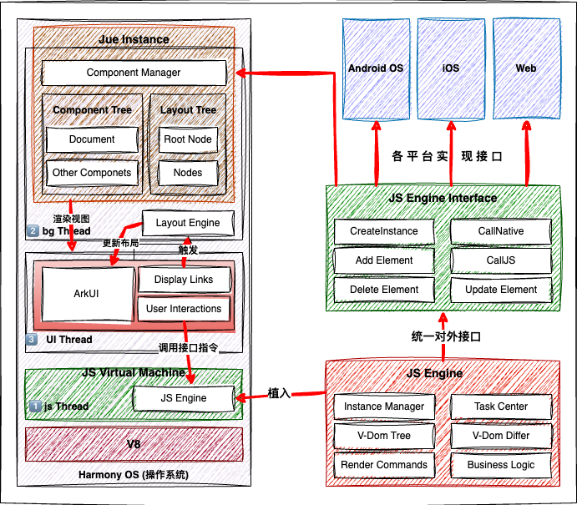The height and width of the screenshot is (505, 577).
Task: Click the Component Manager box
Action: [x=134, y=73]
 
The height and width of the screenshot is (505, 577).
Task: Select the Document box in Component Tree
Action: [x=92, y=139]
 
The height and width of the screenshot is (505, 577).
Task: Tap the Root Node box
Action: [x=188, y=139]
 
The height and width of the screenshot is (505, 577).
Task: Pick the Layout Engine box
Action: [x=188, y=223]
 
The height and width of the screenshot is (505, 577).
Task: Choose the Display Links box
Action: [x=184, y=280]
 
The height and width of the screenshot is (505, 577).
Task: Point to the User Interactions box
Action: [x=184, y=309]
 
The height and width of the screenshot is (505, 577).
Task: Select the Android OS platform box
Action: [x=376, y=68]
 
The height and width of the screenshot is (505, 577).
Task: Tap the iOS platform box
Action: [x=451, y=68]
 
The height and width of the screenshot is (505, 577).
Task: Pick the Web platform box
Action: [x=526, y=68]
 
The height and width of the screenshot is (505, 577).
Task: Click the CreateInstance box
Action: [x=384, y=231]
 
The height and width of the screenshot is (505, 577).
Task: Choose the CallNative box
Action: [x=501, y=231]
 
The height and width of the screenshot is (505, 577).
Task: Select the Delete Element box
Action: [x=384, y=290]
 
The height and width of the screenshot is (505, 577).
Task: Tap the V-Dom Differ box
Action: [x=501, y=436]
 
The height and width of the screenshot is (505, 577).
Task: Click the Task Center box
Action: [x=501, y=407]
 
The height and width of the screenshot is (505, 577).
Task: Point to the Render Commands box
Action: [x=384, y=465]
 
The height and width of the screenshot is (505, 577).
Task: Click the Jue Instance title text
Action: [x=134, y=39]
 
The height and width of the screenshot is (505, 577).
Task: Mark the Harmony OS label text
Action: [x=134, y=475]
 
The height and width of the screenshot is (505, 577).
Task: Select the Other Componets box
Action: [x=92, y=173]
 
